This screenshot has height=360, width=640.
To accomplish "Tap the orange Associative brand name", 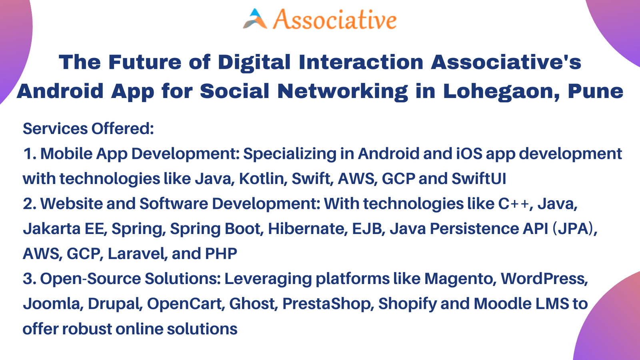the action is (x=335, y=20).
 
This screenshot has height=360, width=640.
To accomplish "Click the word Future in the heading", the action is (x=145, y=62).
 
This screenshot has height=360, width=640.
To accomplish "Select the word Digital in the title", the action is (x=254, y=62).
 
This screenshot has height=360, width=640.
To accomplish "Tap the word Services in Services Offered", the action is (x=55, y=128).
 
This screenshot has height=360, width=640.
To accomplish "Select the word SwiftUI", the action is (x=479, y=178).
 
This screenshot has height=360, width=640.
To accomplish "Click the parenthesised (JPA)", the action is (x=575, y=228).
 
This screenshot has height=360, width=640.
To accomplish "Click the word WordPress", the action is (x=544, y=278).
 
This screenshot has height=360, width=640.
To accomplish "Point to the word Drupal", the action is (x=115, y=304).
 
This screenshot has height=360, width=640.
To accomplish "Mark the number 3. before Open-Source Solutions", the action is (x=30, y=278).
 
